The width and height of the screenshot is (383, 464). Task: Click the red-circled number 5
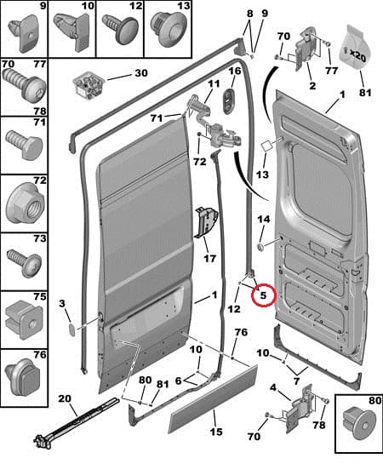[263, 295]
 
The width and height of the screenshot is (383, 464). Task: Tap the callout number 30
[141, 73]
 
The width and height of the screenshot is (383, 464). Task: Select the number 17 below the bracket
[210, 259]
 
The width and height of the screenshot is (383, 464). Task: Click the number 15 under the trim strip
[216, 432]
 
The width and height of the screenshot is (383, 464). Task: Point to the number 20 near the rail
[65, 398]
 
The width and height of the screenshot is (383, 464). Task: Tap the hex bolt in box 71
[24, 146]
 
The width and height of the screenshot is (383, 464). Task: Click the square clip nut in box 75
[24, 320]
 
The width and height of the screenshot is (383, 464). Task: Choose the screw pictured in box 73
[24, 263]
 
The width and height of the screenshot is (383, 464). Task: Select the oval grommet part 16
[229, 101]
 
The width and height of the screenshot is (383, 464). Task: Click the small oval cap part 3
[71, 330]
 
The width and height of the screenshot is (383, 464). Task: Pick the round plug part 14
[260, 247]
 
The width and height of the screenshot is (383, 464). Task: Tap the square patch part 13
[266, 146]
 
